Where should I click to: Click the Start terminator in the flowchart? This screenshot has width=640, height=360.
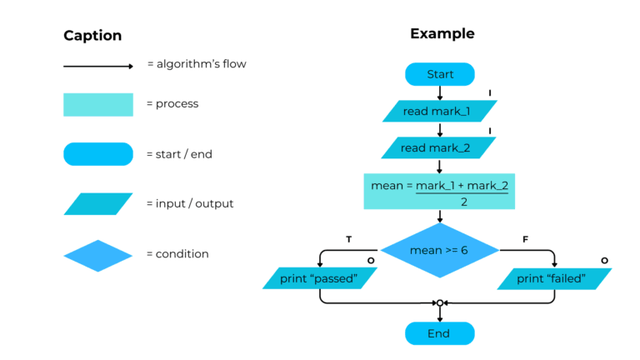(439, 74)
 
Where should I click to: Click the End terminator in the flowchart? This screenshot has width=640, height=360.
(439, 333)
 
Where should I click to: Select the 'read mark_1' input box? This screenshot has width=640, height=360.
(439, 112)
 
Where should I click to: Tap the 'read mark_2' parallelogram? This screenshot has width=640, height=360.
(439, 147)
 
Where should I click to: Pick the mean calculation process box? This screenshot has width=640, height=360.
(439, 191)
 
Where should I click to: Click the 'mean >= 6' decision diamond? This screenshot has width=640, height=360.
(439, 250)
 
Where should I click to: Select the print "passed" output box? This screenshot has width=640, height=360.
(320, 278)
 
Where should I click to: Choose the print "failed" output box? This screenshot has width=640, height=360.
(553, 278)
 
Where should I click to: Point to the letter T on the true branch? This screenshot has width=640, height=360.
(348, 240)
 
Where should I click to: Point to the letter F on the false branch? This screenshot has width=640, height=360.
(525, 240)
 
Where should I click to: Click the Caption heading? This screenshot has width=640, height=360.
(92, 36)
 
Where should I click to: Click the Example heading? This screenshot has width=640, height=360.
(442, 34)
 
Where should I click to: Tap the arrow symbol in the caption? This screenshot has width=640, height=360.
(97, 66)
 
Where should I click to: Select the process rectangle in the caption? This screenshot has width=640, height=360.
(97, 104)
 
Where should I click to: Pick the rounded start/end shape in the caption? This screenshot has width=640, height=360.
(97, 154)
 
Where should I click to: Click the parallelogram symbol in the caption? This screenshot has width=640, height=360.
(97, 204)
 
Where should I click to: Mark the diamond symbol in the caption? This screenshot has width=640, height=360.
(97, 255)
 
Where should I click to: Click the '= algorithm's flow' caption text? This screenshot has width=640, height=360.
(197, 64)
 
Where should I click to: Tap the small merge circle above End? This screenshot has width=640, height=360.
(440, 303)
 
